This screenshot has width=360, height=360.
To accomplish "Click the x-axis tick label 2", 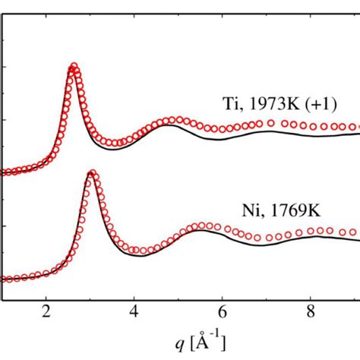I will [x=46, y=310].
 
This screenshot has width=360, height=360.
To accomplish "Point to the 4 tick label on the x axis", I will [x=134, y=310].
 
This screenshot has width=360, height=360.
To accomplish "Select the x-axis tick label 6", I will [x=222, y=310].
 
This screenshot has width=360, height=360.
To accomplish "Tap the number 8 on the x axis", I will [x=310, y=310].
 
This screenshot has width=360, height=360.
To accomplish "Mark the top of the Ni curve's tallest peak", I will [x=91, y=174].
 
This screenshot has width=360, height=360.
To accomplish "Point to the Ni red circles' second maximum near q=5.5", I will [x=204, y=226].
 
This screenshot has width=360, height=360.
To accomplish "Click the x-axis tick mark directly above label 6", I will [x=222, y=296].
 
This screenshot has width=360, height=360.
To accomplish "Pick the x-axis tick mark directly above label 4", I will [x=134, y=296].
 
